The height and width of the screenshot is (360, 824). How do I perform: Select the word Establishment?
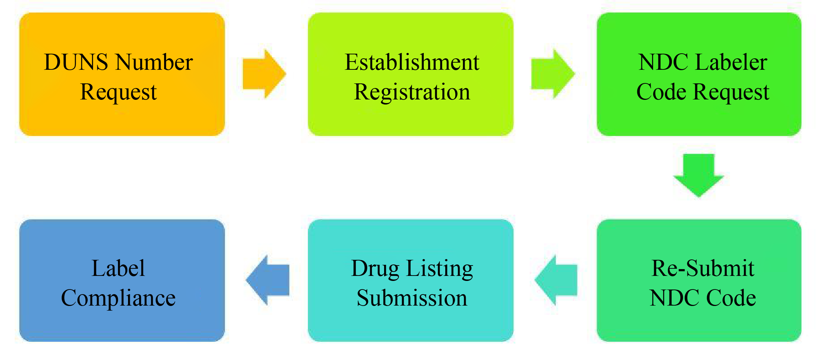tap(412, 62)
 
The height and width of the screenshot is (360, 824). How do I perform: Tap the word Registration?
tap(412, 92)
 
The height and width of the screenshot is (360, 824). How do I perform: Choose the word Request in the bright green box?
tap(731, 92)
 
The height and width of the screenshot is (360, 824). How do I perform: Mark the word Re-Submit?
tap(703, 268)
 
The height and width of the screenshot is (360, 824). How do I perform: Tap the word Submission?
tap(412, 298)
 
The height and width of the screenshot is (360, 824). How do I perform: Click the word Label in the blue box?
tap(118, 268)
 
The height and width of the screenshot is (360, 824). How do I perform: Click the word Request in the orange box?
tap(118, 92)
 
